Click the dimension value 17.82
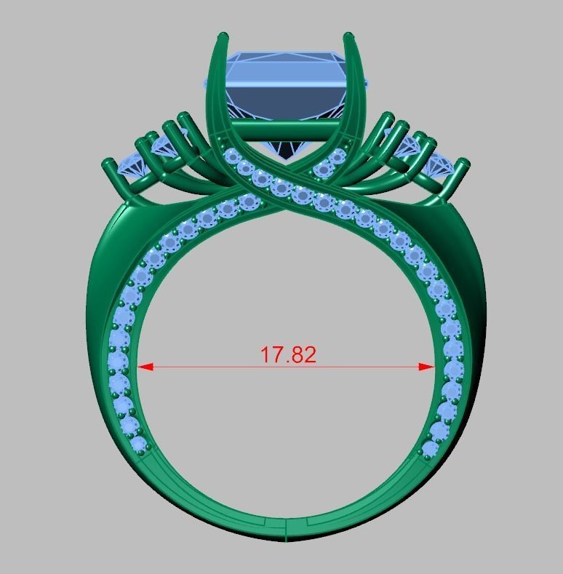click(x=289, y=355)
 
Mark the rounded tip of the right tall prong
click(x=348, y=36)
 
